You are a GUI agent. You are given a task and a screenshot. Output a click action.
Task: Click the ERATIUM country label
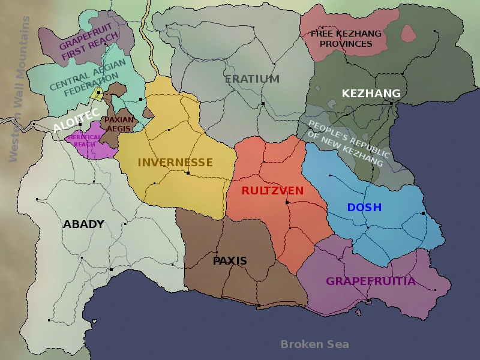click(252, 79)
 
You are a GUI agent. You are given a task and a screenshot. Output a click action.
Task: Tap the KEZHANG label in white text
click(371, 94)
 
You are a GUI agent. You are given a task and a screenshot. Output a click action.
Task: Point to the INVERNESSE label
click(175, 163)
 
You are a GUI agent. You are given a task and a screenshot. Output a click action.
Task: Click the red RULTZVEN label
click(272, 191)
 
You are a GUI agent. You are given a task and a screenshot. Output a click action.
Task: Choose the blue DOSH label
click(364, 208)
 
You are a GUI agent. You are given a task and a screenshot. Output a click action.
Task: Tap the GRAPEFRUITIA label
click(370, 281)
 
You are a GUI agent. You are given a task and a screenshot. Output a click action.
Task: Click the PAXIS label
click(230, 261)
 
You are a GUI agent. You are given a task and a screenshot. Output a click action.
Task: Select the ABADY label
click(83, 224)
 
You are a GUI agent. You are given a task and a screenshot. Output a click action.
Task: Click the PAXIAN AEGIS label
click(119, 124)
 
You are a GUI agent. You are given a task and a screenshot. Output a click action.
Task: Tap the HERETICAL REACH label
click(85, 140)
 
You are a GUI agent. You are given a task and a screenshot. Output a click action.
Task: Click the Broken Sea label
click(314, 344)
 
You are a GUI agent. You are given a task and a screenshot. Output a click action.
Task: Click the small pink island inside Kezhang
click(408, 33)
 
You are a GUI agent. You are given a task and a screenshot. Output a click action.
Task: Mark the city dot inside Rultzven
click(287, 203)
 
